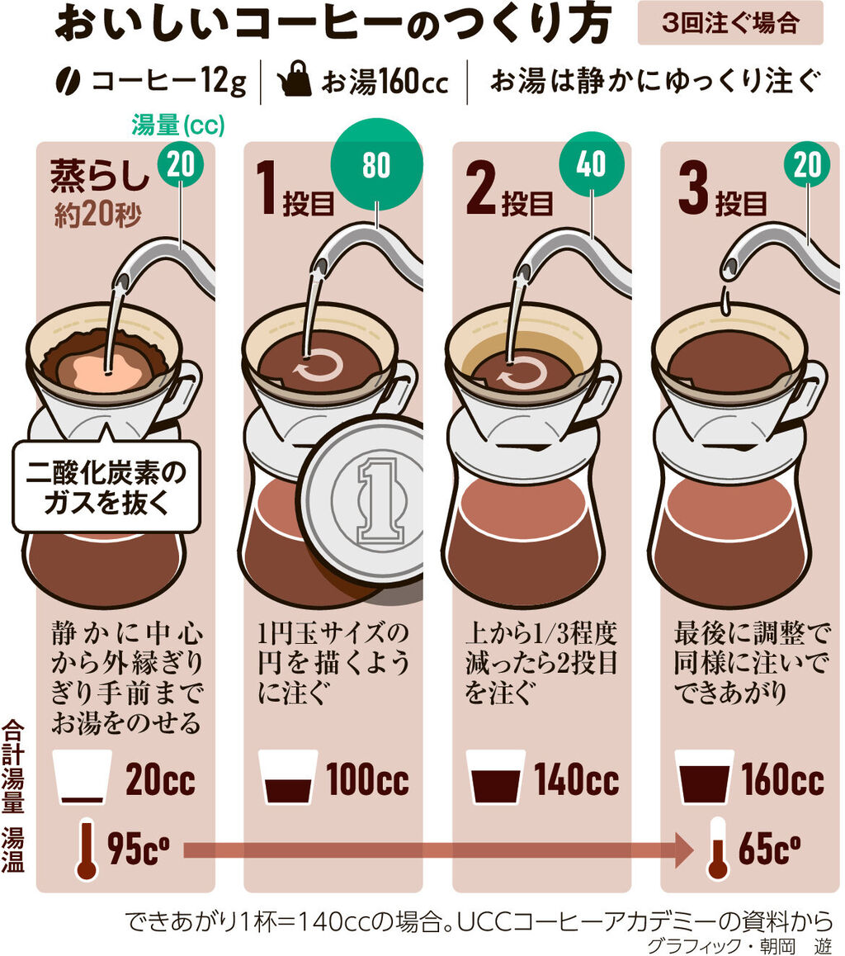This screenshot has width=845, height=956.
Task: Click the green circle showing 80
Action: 375,166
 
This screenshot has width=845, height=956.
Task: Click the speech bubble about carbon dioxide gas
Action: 106,486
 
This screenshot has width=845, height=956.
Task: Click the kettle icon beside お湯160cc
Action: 295,82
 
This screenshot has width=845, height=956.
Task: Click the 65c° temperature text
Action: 768,850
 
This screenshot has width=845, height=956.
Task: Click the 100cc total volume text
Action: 367,779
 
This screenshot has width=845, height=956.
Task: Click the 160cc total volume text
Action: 782,779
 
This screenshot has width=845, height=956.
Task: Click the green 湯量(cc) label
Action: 177,126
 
